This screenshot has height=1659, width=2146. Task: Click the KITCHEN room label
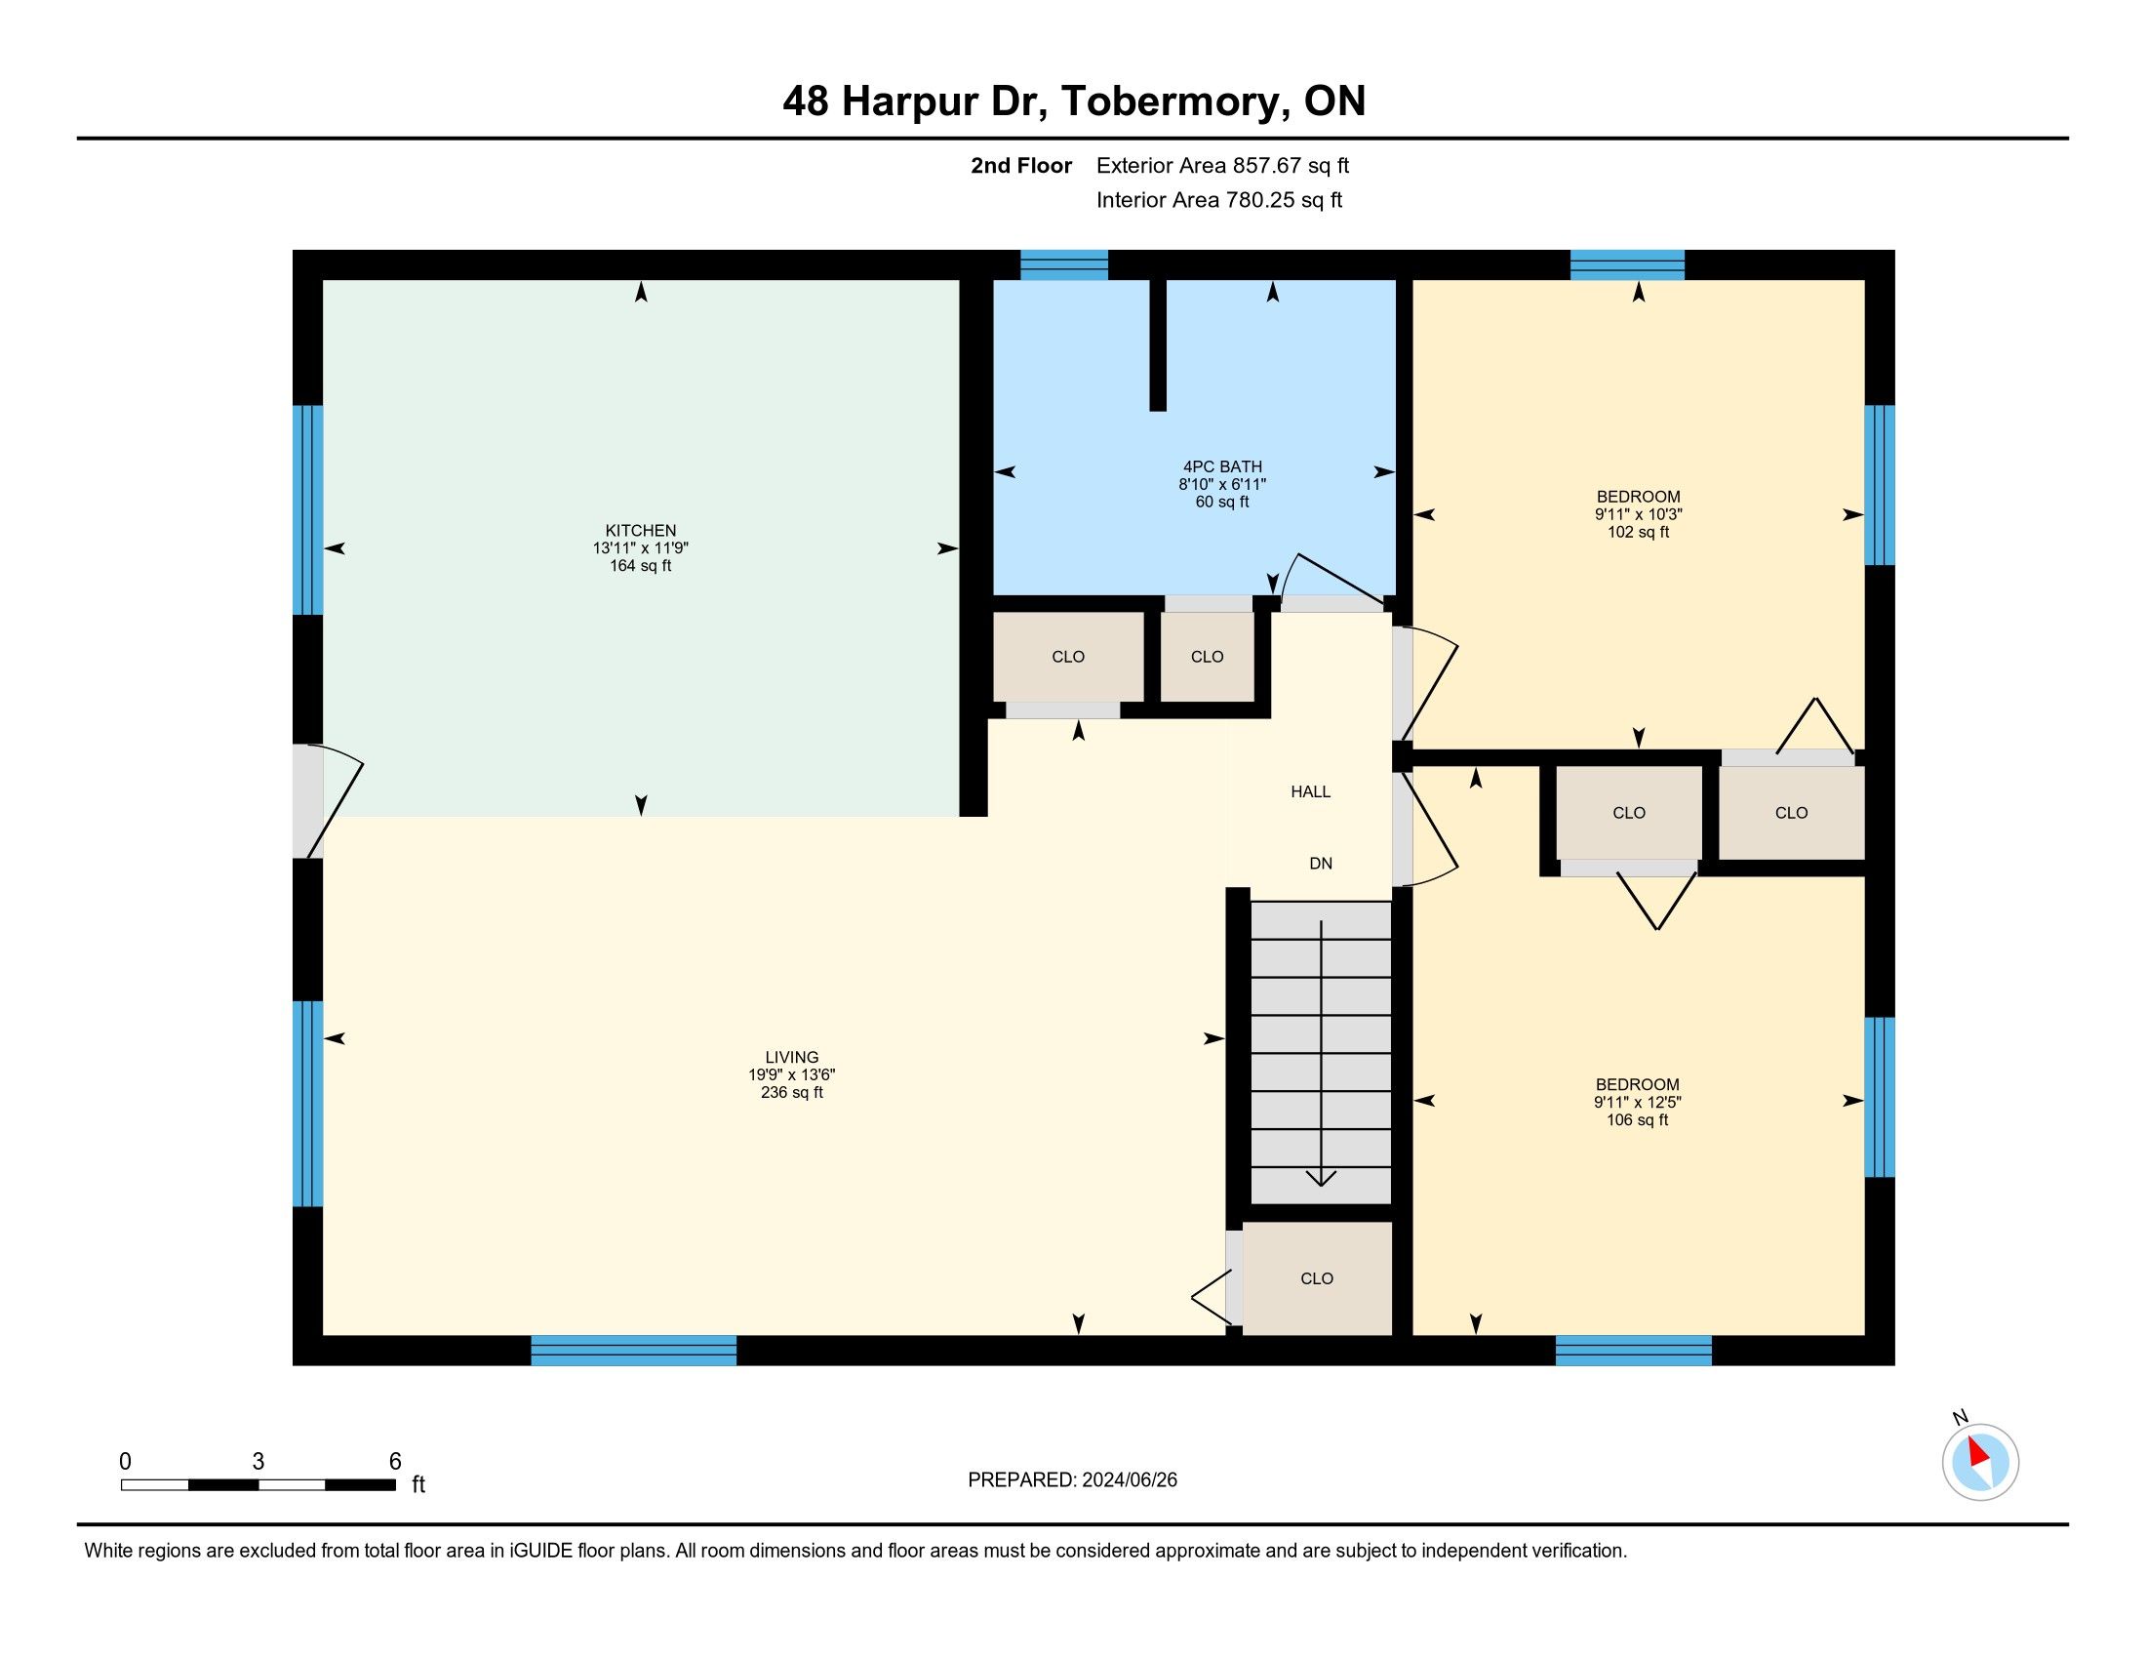(641, 531)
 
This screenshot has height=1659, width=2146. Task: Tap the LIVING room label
(792, 1058)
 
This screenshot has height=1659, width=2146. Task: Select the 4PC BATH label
(1222, 466)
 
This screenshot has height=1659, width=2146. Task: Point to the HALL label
(1311, 791)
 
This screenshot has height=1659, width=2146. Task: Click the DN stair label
(1321, 863)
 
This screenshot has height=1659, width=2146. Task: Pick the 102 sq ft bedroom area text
(1638, 533)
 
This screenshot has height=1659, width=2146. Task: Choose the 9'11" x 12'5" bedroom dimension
(1637, 1102)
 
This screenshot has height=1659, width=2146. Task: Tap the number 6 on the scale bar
(395, 1461)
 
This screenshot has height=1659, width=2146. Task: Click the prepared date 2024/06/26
(1129, 1479)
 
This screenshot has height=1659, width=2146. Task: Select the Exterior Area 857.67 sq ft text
(1222, 165)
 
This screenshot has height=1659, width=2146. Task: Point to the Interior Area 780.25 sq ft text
(1218, 199)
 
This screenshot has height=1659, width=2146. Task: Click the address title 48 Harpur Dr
(913, 101)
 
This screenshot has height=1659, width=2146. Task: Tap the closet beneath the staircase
(1317, 1277)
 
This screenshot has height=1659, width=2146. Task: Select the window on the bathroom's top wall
(1064, 265)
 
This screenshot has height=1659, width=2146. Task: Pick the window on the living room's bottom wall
(634, 1351)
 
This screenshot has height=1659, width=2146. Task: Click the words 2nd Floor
(1021, 165)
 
